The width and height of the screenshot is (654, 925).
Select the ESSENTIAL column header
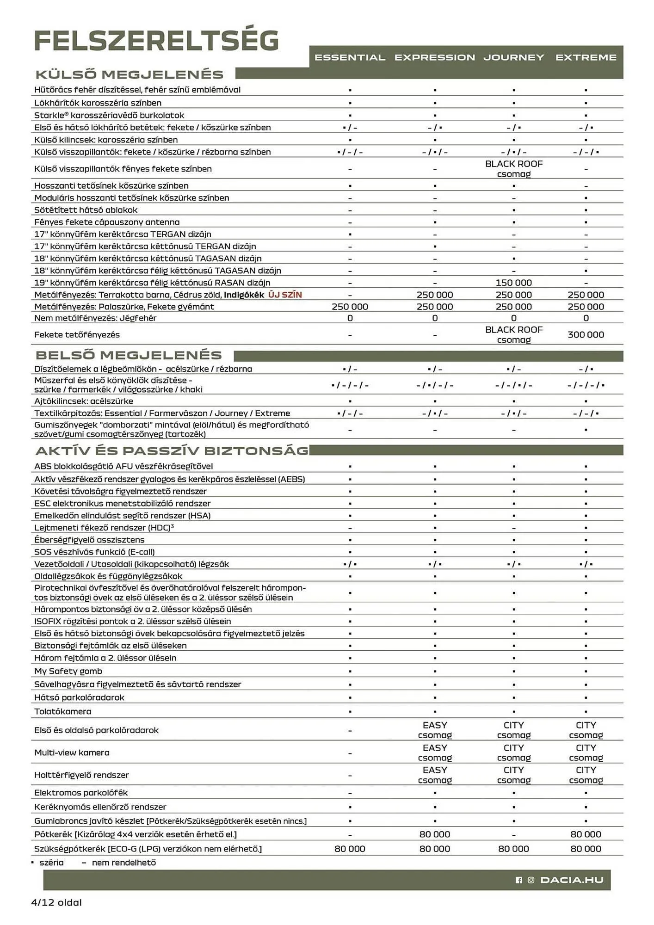[350, 57]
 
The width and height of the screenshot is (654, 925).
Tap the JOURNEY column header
[513, 57]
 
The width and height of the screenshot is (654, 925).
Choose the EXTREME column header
[586, 57]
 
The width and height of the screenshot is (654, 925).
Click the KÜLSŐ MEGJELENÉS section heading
[130, 74]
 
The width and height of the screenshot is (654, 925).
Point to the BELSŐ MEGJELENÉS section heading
[129, 355]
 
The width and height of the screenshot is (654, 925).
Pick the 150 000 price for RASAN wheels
[513, 283]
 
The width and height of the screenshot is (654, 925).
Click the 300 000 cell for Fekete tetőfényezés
[586, 334]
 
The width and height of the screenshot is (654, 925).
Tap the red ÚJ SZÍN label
[285, 295]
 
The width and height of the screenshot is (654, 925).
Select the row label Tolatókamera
[63, 711]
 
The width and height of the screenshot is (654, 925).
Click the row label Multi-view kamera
[72, 752]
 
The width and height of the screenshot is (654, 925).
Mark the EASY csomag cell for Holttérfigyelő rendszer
[435, 775]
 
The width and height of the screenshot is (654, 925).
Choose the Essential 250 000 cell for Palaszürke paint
[350, 307]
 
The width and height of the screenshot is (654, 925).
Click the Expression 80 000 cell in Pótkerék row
[435, 834]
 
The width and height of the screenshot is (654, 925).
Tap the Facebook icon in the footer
[518, 880]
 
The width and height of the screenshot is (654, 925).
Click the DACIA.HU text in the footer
[572, 880]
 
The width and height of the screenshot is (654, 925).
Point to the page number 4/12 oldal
[56, 902]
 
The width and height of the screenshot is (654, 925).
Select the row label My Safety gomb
[68, 671]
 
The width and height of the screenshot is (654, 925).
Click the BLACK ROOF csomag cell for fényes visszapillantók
[513, 169]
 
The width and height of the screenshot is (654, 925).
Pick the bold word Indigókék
[244, 295]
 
